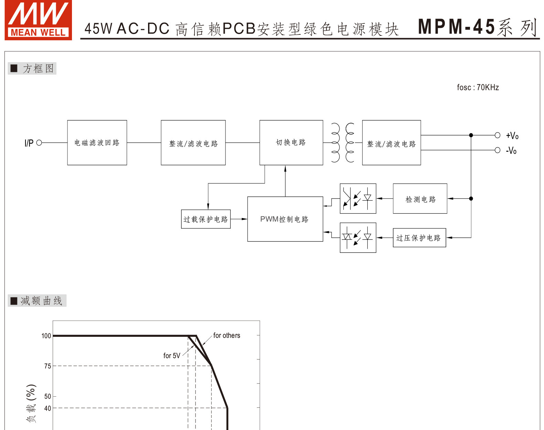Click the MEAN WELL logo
click(38, 20)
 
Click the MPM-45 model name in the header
click(456, 27)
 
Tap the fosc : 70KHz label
click(478, 87)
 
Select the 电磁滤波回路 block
click(97, 143)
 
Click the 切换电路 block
click(291, 143)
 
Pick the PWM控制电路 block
click(285, 219)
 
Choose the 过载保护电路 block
click(206, 219)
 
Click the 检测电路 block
click(420, 198)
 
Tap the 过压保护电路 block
click(419, 238)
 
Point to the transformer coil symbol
click(343, 143)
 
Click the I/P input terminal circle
click(39, 143)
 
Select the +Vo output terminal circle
click(497, 135)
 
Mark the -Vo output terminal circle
click(497, 150)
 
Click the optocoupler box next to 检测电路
click(358, 198)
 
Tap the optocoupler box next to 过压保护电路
click(358, 238)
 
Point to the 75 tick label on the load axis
click(48, 366)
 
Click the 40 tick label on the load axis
click(48, 408)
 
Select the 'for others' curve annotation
click(227, 335)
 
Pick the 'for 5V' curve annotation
click(172, 356)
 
